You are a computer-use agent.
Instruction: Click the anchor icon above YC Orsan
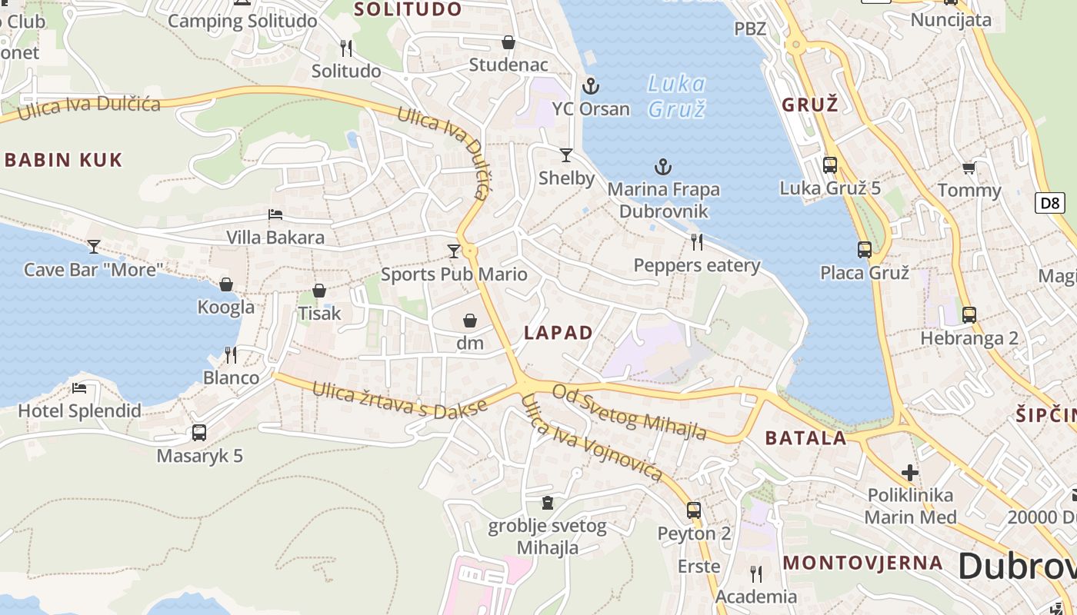click(591, 85)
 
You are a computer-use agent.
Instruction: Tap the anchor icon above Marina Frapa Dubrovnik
click(662, 167)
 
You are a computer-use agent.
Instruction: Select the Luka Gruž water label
click(676, 96)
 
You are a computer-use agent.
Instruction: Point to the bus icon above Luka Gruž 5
click(829, 165)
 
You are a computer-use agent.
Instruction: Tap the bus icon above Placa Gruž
click(865, 249)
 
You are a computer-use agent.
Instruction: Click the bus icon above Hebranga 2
click(969, 314)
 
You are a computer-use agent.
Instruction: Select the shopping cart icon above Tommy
click(969, 168)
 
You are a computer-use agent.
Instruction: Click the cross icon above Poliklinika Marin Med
click(910, 472)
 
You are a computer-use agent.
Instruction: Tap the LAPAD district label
click(559, 333)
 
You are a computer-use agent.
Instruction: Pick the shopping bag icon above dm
click(470, 320)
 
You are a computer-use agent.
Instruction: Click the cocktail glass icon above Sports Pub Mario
click(454, 251)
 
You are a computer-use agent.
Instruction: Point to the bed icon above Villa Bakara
click(275, 214)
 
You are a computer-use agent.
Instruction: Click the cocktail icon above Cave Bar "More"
click(94, 246)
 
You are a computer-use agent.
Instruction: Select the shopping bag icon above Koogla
click(226, 284)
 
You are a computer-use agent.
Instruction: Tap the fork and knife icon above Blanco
click(231, 354)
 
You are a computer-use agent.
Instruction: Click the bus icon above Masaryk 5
click(199, 432)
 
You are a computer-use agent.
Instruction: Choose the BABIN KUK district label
click(64, 160)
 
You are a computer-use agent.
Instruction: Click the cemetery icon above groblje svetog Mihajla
click(547, 503)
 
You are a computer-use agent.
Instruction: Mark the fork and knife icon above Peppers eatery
click(697, 242)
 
